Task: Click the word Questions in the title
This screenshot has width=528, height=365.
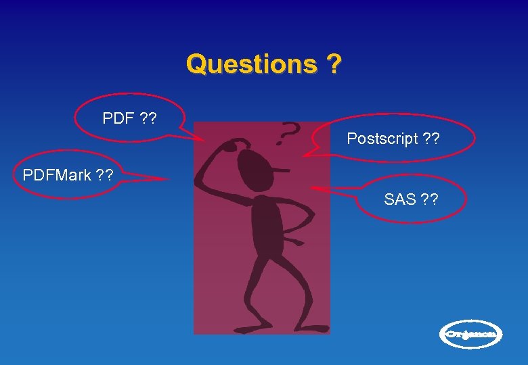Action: (251, 64)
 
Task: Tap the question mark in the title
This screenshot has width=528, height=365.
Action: (333, 64)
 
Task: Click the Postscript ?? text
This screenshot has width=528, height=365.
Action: (393, 139)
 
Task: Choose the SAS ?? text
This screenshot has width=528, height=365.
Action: (411, 199)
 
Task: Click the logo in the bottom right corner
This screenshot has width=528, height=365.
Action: (472, 334)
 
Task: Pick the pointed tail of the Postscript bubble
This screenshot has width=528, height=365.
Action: (305, 155)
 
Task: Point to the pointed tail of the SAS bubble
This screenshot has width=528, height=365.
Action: (313, 187)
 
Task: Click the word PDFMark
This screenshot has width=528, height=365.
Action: (57, 176)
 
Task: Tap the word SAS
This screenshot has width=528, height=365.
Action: (400, 199)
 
